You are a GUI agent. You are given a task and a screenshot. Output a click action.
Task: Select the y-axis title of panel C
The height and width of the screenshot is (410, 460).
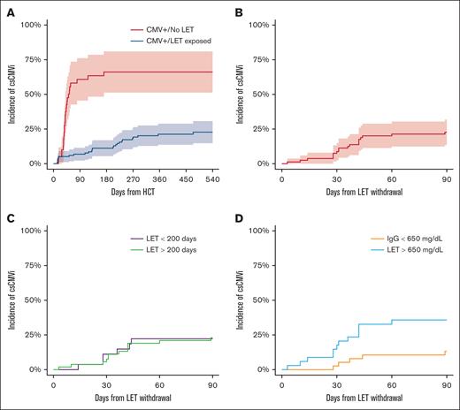pyautogui.click(x=10, y=300)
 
